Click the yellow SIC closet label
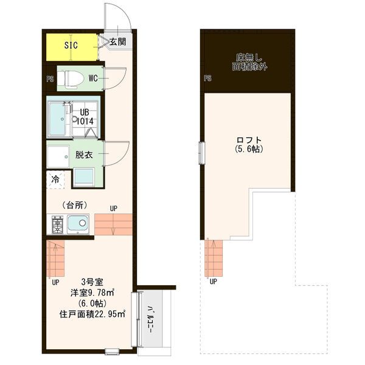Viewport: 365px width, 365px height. click(x=71, y=45)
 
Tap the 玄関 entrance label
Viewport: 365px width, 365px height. click(x=117, y=42)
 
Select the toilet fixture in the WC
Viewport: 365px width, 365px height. click(x=71, y=78)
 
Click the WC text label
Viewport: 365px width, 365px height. click(x=93, y=78)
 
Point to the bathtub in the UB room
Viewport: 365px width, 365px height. click(x=58, y=119)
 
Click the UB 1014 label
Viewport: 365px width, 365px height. click(x=85, y=117)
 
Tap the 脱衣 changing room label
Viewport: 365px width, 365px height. click(x=84, y=155)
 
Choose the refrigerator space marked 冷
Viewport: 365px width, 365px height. click(x=55, y=179)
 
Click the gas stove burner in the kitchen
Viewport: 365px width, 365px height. click(x=57, y=224)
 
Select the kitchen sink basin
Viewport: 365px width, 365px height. click(x=78, y=224)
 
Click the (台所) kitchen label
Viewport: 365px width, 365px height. click(x=75, y=205)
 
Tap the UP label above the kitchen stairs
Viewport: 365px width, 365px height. click(x=114, y=209)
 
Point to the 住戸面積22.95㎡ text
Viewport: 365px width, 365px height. click(x=92, y=315)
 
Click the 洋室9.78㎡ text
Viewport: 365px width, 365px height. click(x=92, y=293)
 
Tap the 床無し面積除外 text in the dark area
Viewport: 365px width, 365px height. click(x=249, y=62)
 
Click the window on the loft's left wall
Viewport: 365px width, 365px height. click(x=202, y=153)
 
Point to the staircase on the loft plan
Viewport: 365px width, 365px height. click(x=214, y=258)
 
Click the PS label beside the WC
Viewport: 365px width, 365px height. click(x=50, y=79)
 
